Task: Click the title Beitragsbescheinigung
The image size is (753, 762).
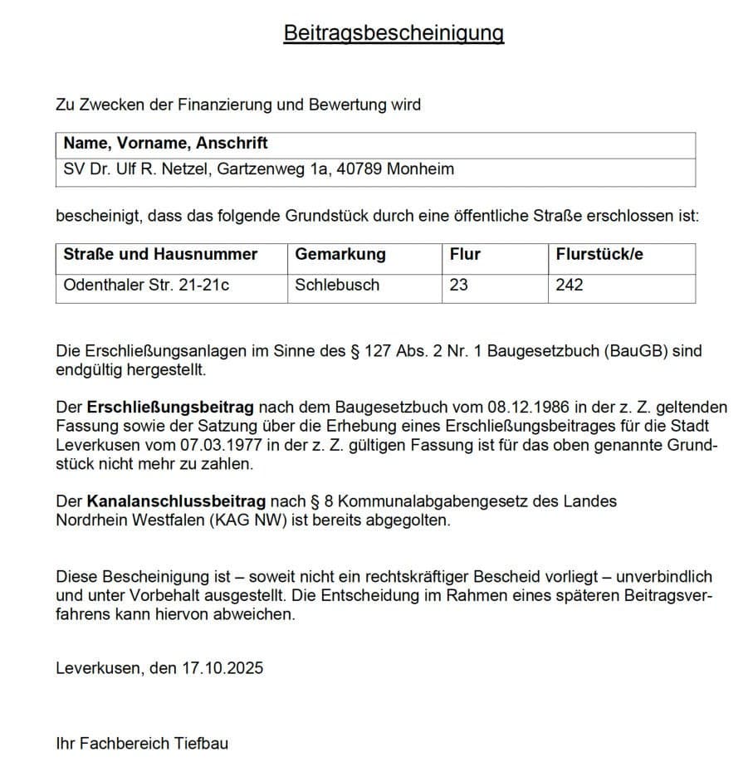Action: (394, 32)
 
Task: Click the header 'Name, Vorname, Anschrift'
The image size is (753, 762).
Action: (165, 144)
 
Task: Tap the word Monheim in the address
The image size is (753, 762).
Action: (418, 169)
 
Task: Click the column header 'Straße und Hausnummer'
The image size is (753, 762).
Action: (160, 254)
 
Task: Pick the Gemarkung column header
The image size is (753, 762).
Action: (340, 254)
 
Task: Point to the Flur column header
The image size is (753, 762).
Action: (465, 254)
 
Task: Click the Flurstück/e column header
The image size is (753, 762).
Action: (599, 254)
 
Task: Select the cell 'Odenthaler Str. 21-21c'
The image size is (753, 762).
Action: (146, 285)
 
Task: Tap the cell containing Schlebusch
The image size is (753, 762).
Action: (337, 285)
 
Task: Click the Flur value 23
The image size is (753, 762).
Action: (458, 285)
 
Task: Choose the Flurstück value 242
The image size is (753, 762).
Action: (570, 285)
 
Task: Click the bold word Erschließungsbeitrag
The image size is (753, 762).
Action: (171, 408)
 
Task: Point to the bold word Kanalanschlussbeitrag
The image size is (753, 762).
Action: (175, 501)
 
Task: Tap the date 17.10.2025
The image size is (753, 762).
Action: (222, 667)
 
